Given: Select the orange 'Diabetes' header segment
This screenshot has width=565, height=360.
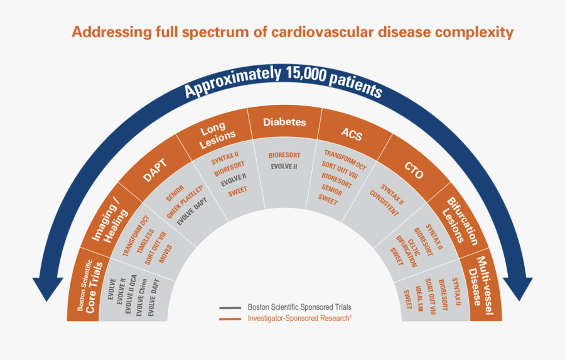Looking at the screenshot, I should coord(284,123).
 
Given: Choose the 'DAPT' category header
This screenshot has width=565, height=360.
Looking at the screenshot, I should coord(155,168).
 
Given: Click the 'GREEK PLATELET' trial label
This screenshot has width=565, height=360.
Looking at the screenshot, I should coord(183,202).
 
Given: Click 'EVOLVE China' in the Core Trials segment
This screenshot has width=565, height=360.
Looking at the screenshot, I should coord(142,296).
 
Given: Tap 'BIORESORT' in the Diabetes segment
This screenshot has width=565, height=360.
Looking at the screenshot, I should coord(284,155).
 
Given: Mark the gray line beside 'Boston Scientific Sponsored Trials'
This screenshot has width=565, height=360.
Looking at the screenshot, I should coord(230,308).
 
